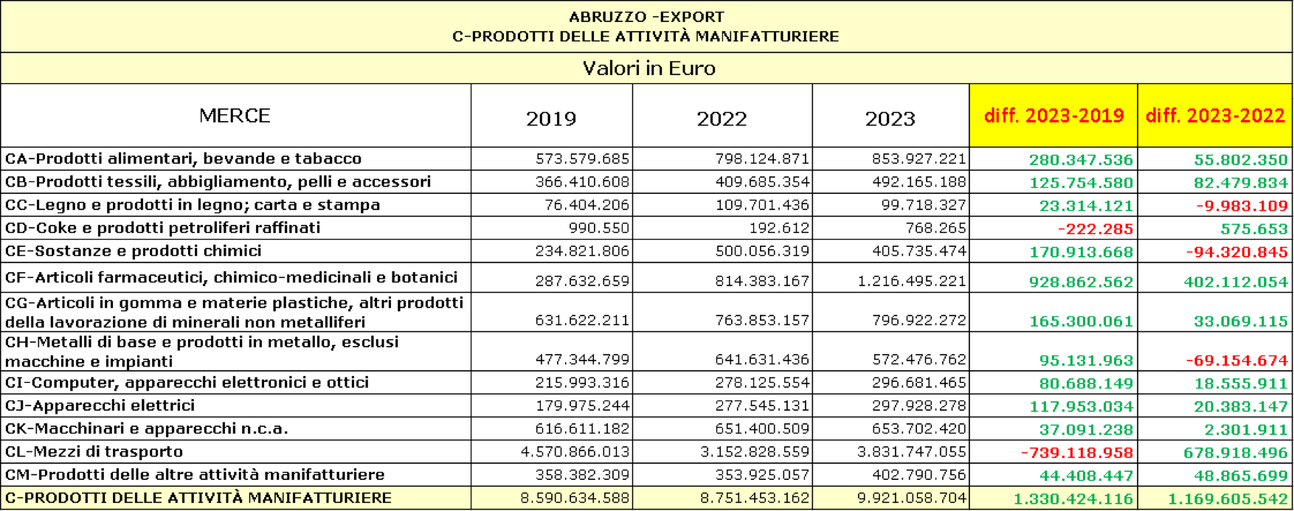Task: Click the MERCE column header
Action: pyautogui.click(x=235, y=116)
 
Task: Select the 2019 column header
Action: pyautogui.click(x=550, y=119)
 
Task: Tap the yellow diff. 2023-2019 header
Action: pyautogui.click(x=1053, y=116)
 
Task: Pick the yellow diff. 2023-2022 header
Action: pyautogui.click(x=1214, y=116)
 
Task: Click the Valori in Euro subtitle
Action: pyautogui.click(x=648, y=69)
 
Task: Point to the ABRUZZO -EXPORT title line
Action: pyautogui.click(x=646, y=17)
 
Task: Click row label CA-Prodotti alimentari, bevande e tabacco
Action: pyautogui.click(x=183, y=159)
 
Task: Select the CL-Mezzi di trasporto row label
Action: pyautogui.click(x=94, y=451)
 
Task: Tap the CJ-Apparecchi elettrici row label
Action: pyautogui.click(x=100, y=405)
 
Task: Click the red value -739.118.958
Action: pyautogui.click(x=1076, y=452)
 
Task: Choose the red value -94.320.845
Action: pyautogui.click(x=1236, y=252)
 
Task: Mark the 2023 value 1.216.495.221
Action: pyautogui.click(x=912, y=281)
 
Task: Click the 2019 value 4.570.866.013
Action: pyautogui.click(x=575, y=452)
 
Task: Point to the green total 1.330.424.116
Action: pyautogui.click(x=1073, y=499)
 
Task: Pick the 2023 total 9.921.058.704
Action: pyautogui.click(x=911, y=498)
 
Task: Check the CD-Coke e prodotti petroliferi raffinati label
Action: pyautogui.click(x=162, y=227)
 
